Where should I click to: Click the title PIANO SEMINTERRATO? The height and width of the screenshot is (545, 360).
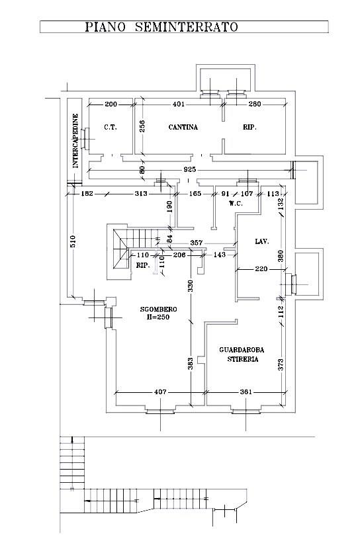click(x=161, y=26)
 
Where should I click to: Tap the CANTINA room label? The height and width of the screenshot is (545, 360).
click(x=183, y=127)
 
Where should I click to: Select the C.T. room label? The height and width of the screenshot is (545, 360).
click(x=111, y=127)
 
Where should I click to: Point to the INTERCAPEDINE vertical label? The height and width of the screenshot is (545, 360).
click(x=75, y=142)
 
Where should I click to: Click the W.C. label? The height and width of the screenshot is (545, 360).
click(x=236, y=203)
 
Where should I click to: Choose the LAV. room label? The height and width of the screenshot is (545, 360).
click(x=262, y=241)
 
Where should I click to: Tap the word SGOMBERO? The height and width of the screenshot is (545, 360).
click(x=159, y=309)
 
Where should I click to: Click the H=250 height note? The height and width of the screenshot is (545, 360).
click(x=158, y=317)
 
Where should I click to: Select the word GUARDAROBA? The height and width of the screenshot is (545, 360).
click(x=242, y=350)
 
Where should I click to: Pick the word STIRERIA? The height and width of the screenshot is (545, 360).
click(x=243, y=359)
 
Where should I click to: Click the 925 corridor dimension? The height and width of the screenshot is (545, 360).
click(x=189, y=169)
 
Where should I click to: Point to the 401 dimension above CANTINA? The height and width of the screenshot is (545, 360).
click(x=179, y=104)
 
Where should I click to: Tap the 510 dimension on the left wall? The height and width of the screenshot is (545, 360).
click(x=72, y=241)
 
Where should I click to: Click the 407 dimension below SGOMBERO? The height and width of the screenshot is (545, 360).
click(x=160, y=392)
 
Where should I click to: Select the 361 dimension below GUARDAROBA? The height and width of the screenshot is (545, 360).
click(x=246, y=392)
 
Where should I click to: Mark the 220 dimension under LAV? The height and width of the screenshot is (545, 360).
click(x=261, y=269)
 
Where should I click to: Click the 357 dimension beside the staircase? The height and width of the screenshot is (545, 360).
click(x=197, y=243)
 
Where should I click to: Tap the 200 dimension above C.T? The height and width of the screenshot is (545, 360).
click(x=111, y=104)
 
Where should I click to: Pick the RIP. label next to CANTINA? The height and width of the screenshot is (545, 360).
click(x=249, y=127)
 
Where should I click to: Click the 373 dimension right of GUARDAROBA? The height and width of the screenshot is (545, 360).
click(x=281, y=364)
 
